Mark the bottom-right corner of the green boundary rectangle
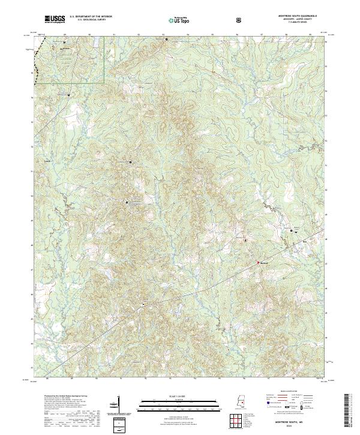coord(104,82)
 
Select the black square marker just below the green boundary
coord(68,94)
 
